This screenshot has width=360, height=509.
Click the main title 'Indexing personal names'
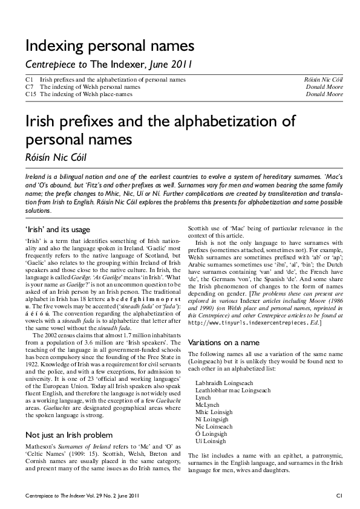click(x=109, y=45)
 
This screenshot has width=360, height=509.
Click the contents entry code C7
click(x=29, y=87)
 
